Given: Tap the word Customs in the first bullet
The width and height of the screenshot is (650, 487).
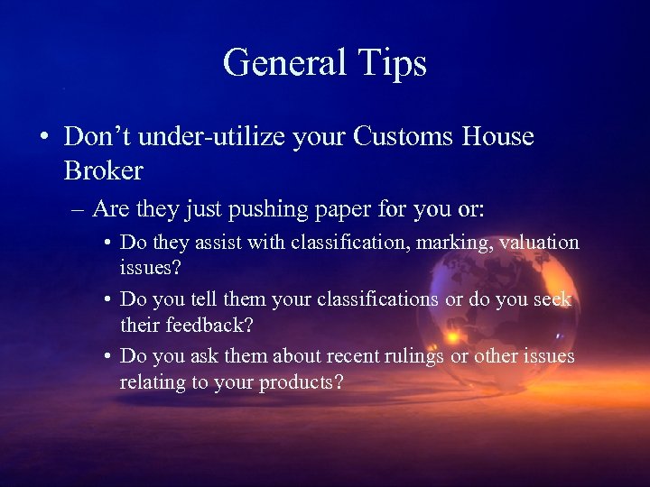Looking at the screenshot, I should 405,138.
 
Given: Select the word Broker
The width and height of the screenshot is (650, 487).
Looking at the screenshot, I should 104,170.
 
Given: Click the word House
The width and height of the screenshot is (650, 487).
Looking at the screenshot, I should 498,138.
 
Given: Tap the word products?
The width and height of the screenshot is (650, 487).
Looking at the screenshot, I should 302,383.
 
